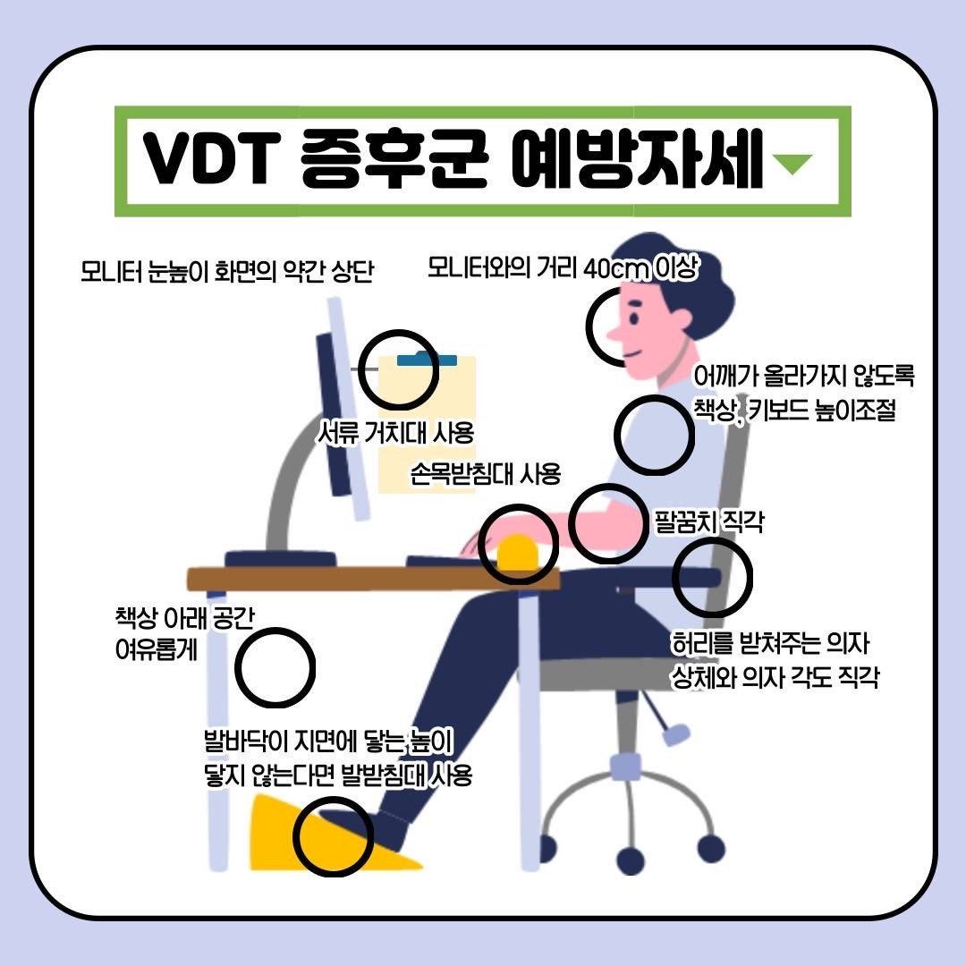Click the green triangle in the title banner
pos(792,164)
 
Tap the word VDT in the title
pos(208,162)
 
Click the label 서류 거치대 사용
pos(395,434)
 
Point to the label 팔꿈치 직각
pos(708,521)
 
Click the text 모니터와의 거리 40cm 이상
pos(562,267)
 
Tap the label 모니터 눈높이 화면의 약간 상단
pos(225,271)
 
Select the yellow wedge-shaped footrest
pos(286,836)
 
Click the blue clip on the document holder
pos(427,360)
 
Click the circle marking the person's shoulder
pos(654,434)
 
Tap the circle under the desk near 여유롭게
pos(275,667)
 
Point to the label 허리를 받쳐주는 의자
pos(770,643)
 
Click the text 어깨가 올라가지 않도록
pos(803,376)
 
